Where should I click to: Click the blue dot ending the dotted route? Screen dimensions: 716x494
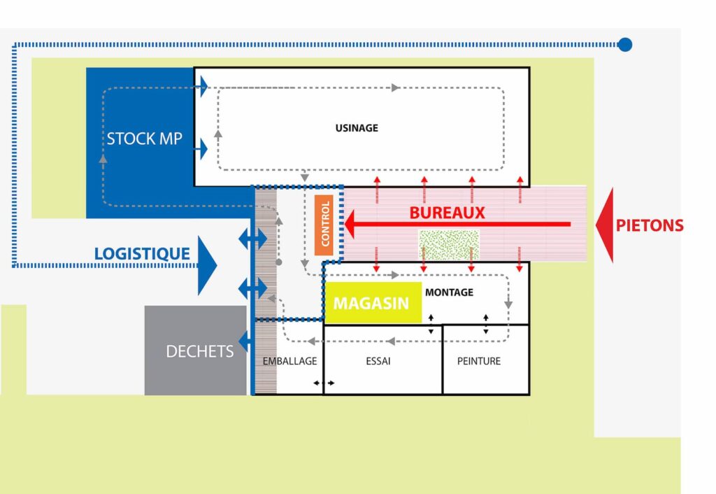tap(624, 44)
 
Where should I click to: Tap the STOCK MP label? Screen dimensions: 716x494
tap(144, 139)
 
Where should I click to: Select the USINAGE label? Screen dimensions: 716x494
tap(357, 128)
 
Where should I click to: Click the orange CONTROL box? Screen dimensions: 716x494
tap(324, 225)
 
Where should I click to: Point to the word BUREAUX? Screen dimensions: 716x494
tap(447, 213)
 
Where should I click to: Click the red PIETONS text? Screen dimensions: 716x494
tap(650, 225)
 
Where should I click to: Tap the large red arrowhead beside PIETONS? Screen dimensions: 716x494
tap(605, 225)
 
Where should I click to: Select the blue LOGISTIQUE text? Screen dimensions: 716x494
tap(142, 253)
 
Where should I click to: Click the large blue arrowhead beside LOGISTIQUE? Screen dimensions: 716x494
tap(207, 265)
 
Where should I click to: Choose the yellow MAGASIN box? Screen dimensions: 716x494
tap(372, 302)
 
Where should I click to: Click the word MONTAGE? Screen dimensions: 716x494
tap(450, 292)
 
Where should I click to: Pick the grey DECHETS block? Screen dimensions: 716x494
tap(196, 351)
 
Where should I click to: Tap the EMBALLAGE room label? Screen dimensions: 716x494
tap(289, 361)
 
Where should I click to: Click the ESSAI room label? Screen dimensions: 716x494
tap(378, 361)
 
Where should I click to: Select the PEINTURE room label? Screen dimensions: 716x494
tap(479, 361)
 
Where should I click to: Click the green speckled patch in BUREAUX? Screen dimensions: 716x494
tap(449, 244)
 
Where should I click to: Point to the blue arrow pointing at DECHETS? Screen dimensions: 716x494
tap(245, 341)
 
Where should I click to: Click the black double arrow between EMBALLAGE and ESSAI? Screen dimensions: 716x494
tap(324, 383)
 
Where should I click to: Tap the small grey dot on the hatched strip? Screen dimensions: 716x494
tap(279, 262)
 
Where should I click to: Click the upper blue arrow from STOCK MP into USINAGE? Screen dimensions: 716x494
tap(201, 86)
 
